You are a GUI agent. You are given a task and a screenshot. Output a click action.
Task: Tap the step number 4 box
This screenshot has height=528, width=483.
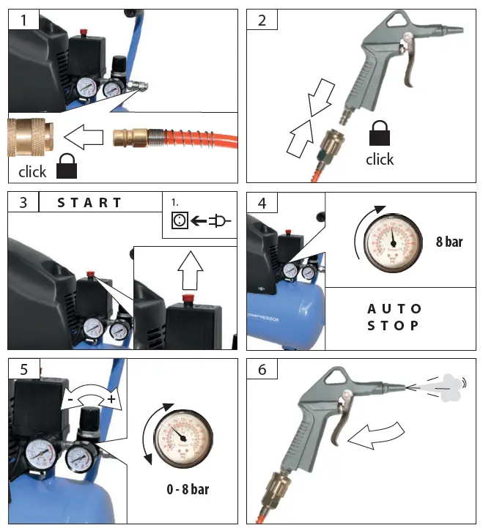pos(262,201)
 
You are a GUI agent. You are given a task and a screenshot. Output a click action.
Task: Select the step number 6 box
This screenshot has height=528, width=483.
pos(262,368)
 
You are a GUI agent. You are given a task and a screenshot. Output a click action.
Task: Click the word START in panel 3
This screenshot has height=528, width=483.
pos(89,203)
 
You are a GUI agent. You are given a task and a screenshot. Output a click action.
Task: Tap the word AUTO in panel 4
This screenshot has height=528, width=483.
pos(394,308)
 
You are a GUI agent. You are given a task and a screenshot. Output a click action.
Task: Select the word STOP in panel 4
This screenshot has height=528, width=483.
pos(394,325)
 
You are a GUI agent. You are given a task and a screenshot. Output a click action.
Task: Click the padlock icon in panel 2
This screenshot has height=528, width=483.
pos(380,134)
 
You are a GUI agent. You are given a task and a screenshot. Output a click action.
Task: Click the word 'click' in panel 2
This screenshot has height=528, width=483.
pos(380,160)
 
